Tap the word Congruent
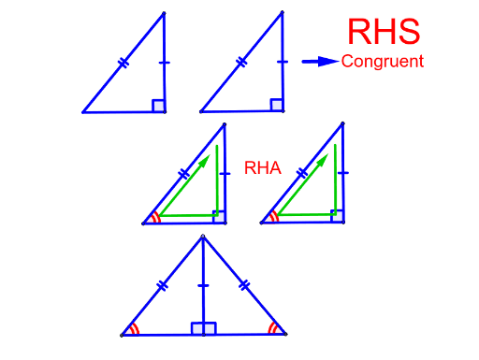pyautogui.click(x=383, y=62)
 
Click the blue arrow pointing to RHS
pyautogui.click(x=320, y=62)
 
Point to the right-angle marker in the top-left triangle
pyautogui.click(x=158, y=106)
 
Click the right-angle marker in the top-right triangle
pyautogui.click(x=277, y=105)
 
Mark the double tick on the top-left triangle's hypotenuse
pyautogui.click(x=123, y=64)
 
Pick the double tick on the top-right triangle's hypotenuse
pyautogui.click(x=241, y=63)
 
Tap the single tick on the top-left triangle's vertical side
pyautogui.click(x=165, y=64)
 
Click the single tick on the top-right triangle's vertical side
pyautogui.click(x=283, y=63)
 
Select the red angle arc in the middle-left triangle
pyautogui.click(x=155, y=219)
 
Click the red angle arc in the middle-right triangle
pyautogui.click(x=273, y=218)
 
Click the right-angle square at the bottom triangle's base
pyautogui.click(x=204, y=328)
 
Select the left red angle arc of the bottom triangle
pyautogui.click(x=135, y=329)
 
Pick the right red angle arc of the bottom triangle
pyautogui.click(x=272, y=328)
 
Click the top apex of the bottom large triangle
pyautogui.click(x=203, y=235)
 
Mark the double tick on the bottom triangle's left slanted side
pyautogui.click(x=163, y=284)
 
